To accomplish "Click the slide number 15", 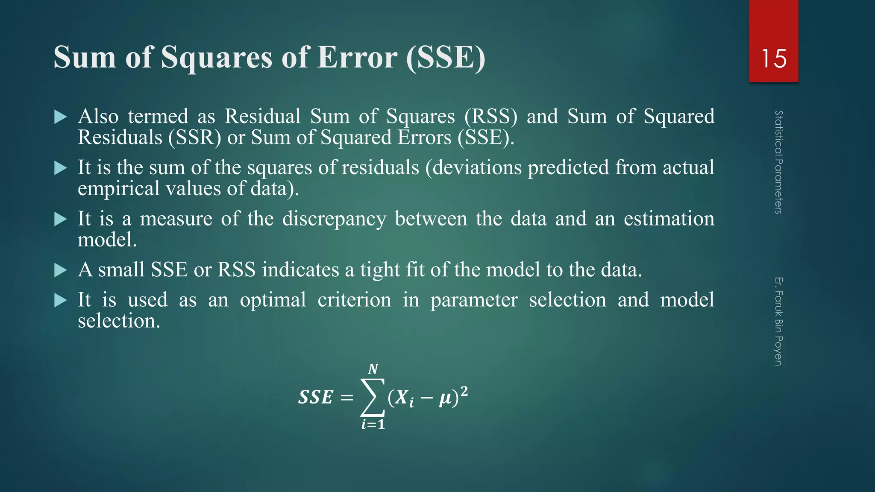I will [x=773, y=59].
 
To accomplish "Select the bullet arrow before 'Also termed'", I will [x=61, y=117].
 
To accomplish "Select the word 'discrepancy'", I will [x=334, y=219].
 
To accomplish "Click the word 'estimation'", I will [x=669, y=219].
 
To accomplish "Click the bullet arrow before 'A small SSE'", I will [x=61, y=270].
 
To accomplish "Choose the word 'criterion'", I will [x=354, y=300].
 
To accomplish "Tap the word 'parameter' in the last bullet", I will [x=474, y=300].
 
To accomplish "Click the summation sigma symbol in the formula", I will [x=372, y=397].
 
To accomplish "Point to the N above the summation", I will [x=373, y=369].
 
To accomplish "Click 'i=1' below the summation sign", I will [x=373, y=425].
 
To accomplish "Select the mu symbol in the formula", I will [x=446, y=398].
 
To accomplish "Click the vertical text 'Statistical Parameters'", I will [x=778, y=162].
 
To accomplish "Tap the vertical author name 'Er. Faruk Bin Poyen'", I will [x=778, y=321].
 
